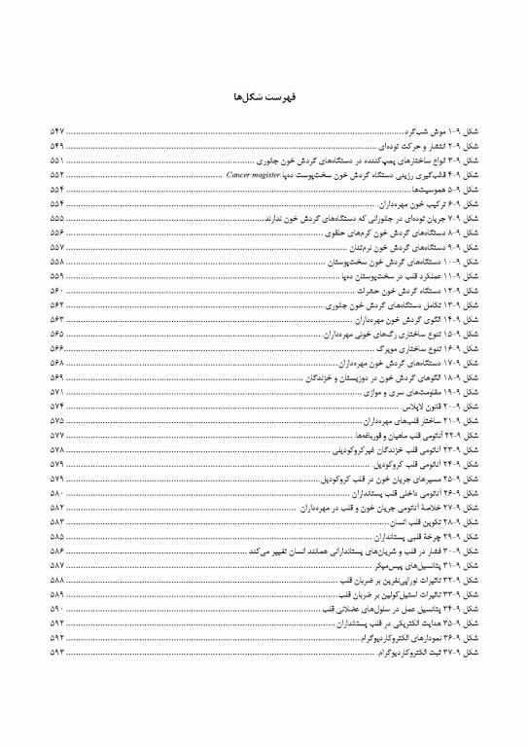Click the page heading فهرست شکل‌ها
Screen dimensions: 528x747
(x=264, y=97)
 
